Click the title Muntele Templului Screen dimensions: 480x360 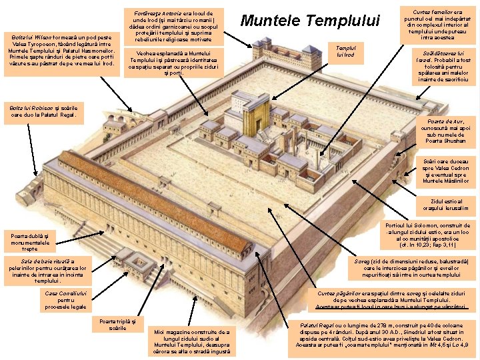[309, 21]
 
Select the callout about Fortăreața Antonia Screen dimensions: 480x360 [174, 26]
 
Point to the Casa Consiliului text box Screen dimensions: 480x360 [65, 300]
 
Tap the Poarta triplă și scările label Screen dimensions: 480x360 [117, 324]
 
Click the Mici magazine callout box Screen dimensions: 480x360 [191, 341]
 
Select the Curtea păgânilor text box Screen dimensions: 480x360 [391, 301]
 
